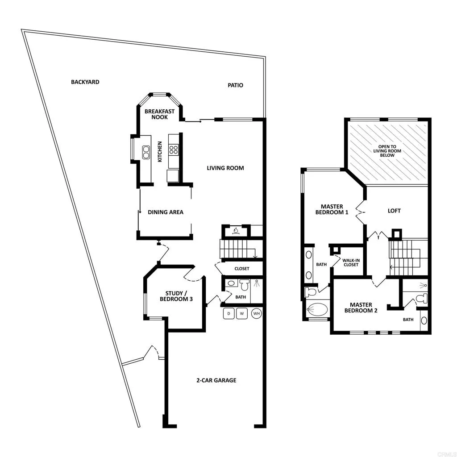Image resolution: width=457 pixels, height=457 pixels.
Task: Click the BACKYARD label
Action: pyautogui.click(x=85, y=82)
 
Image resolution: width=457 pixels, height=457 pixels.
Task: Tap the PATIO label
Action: pyautogui.click(x=235, y=85)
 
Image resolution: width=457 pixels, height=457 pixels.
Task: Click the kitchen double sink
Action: pyautogui.click(x=146, y=152)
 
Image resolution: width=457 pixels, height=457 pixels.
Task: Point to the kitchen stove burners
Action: pyautogui.click(x=174, y=149)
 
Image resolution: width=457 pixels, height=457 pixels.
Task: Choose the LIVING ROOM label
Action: pyautogui.click(x=225, y=168)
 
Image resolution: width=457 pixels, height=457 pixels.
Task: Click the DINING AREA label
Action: pyautogui.click(x=166, y=212)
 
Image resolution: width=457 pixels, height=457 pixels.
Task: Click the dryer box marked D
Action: pyautogui.click(x=229, y=314)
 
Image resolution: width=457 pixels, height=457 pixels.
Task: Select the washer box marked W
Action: pyautogui.click(x=242, y=314)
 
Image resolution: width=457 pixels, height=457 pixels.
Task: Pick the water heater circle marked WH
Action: pyautogui.click(x=256, y=314)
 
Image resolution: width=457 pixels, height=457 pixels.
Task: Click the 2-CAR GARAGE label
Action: pyautogui.click(x=216, y=381)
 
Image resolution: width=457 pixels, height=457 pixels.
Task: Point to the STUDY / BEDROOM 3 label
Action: pyautogui.click(x=176, y=296)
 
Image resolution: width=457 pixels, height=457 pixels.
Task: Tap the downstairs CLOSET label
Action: pyautogui.click(x=242, y=269)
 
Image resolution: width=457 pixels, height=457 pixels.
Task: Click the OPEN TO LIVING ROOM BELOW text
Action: pyautogui.click(x=387, y=151)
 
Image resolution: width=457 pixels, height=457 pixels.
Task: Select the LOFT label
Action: pyautogui.click(x=394, y=211)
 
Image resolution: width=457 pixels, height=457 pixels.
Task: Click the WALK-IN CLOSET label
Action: pyautogui.click(x=351, y=262)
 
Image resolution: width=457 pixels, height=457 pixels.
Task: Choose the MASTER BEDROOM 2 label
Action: pyautogui.click(x=361, y=308)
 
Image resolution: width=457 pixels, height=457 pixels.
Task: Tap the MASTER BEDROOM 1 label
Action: pyautogui.click(x=332, y=210)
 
